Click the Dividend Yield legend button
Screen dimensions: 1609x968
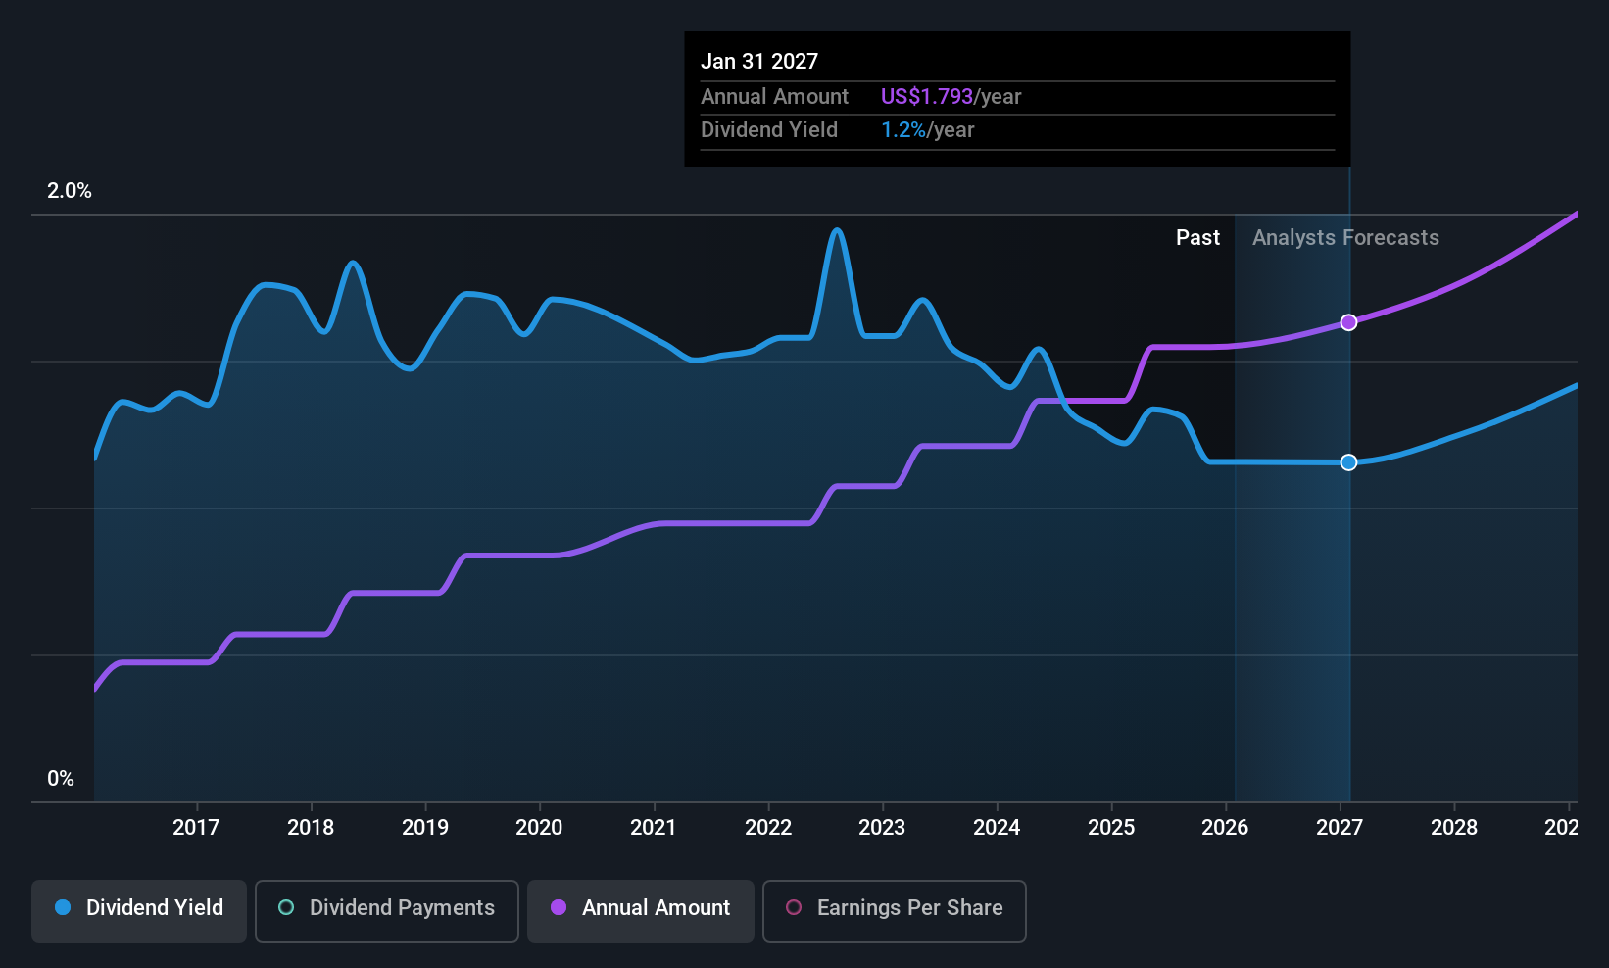pyautogui.click(x=138, y=910)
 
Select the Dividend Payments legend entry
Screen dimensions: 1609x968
pyautogui.click(x=386, y=910)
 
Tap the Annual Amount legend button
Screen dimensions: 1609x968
pyautogui.click(x=640, y=910)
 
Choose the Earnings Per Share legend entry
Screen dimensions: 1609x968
pyautogui.click(x=895, y=910)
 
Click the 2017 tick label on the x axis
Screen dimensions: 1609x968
pyautogui.click(x=196, y=827)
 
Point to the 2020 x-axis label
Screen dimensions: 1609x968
pyautogui.click(x=539, y=827)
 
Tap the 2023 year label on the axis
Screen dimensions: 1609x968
pyautogui.click(x=882, y=827)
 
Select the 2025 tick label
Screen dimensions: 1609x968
pyautogui.click(x=1111, y=827)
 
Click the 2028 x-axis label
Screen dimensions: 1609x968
pyautogui.click(x=1454, y=827)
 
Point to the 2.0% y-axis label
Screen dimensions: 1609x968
pyautogui.click(x=69, y=191)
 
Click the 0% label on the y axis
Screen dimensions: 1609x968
pyautogui.click(x=61, y=779)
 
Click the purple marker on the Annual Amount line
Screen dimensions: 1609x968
pyautogui.click(x=1349, y=322)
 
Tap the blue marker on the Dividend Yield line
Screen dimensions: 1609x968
pyautogui.click(x=1349, y=462)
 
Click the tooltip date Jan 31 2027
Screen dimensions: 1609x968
pyautogui.click(x=759, y=62)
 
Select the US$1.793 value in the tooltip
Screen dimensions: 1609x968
pyautogui.click(x=927, y=96)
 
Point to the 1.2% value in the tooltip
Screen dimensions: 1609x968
pyautogui.click(x=902, y=130)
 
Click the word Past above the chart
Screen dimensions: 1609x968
pyautogui.click(x=1197, y=238)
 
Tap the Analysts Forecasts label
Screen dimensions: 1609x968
pyautogui.click(x=1345, y=238)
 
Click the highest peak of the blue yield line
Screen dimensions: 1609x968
pyautogui.click(x=836, y=230)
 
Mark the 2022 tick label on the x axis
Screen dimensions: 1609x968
pyautogui.click(x=768, y=827)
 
